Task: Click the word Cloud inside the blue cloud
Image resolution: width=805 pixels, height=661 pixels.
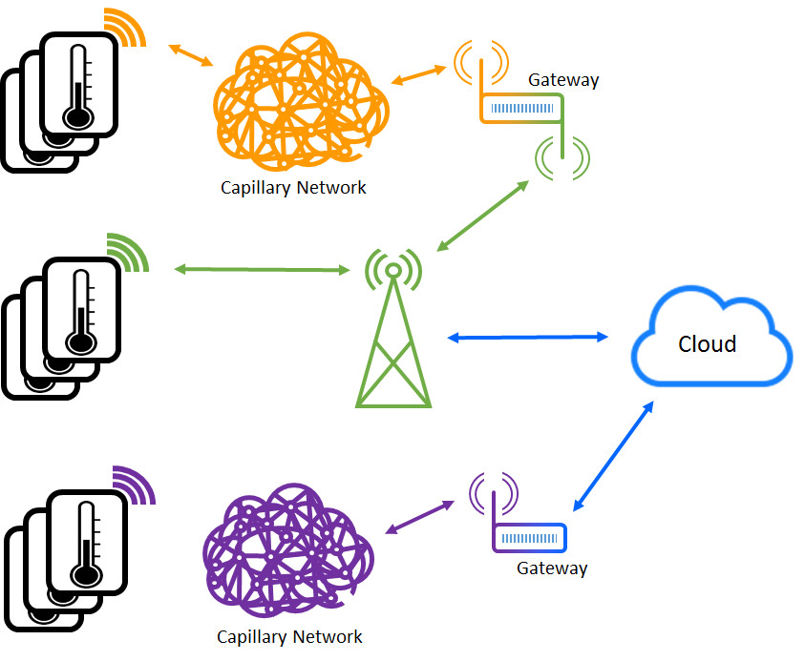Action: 707,343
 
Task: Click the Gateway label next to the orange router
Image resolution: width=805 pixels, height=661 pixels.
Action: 563,80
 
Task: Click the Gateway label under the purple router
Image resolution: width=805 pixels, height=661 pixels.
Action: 552,568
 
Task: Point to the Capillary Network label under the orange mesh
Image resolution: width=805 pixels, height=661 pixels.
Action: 293,188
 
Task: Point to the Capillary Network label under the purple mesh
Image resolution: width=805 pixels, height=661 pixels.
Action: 289,637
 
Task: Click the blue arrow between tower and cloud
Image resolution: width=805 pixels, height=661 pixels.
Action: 528,337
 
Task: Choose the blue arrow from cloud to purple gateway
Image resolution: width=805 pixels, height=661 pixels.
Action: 612,456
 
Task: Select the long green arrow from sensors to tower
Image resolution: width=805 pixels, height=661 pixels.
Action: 263,270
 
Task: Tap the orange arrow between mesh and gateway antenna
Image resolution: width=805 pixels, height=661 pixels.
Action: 418,75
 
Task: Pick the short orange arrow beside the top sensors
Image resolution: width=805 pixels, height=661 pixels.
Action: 189,54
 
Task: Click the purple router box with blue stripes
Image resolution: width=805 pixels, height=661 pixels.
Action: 529,538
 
